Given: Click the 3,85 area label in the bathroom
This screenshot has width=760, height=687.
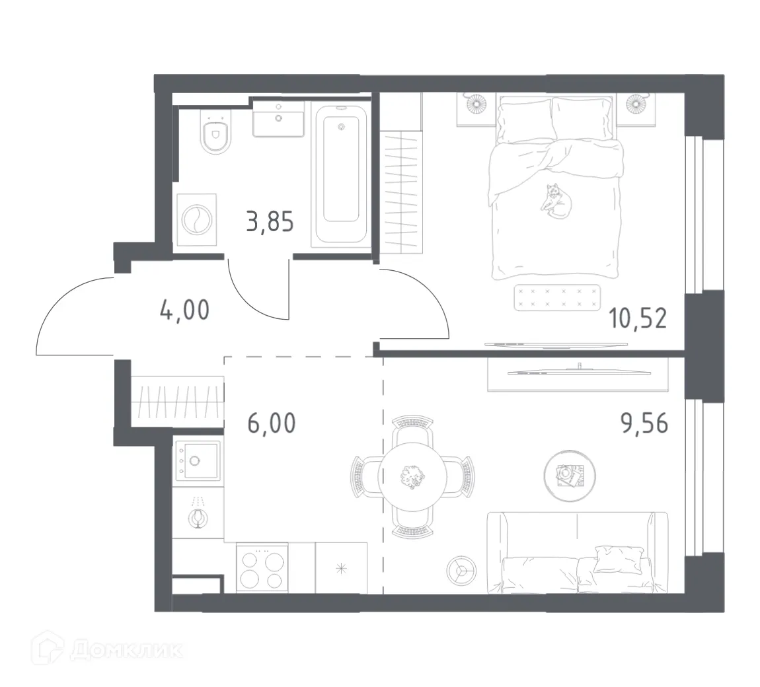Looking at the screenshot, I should pyautogui.click(x=269, y=222).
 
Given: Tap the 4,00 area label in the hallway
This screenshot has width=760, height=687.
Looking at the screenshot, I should pyautogui.click(x=184, y=309).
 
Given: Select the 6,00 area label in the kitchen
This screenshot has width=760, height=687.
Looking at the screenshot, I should pyautogui.click(x=272, y=423).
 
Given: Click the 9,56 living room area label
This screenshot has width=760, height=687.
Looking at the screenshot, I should pyautogui.click(x=644, y=423).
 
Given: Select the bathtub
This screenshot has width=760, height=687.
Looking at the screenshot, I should pyautogui.click(x=341, y=175).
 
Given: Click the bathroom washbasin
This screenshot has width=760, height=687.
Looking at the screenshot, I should pyautogui.click(x=278, y=120).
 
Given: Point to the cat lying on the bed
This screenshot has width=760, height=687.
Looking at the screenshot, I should pyautogui.click(x=554, y=198).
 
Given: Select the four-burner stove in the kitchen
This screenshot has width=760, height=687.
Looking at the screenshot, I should pyautogui.click(x=262, y=569).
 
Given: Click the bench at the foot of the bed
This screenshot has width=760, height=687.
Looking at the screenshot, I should pyautogui.click(x=556, y=297).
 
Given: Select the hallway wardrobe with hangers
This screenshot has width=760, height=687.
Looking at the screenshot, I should pyautogui.click(x=177, y=401).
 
